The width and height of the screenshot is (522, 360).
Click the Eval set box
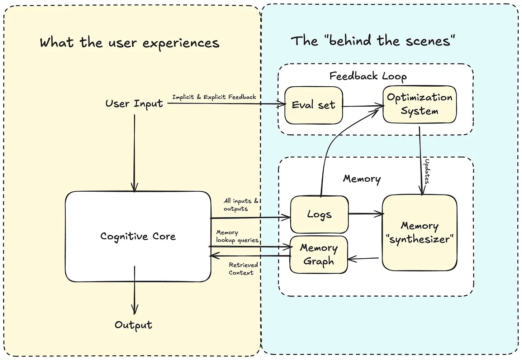[x=314, y=105]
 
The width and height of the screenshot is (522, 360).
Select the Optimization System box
[x=419, y=104]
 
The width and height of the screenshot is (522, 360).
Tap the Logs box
[x=319, y=215]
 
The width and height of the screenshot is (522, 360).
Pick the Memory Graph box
[x=318, y=255]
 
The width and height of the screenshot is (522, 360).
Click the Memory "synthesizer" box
[x=419, y=232]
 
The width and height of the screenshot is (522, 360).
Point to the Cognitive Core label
[x=138, y=236]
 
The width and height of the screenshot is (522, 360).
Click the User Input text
[x=134, y=104]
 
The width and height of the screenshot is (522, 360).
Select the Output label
[x=133, y=325]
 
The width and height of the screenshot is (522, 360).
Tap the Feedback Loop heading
[x=368, y=76]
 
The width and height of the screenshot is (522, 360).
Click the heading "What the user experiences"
[x=129, y=43]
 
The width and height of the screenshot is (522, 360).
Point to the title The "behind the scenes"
[x=373, y=40]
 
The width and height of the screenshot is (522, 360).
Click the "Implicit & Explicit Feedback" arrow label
[x=214, y=97]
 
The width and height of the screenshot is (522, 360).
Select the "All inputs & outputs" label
[x=240, y=205]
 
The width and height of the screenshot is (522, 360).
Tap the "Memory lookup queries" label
[x=237, y=236]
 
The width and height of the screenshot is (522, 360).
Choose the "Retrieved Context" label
[x=243, y=269]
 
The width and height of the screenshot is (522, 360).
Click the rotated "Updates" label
[x=427, y=171]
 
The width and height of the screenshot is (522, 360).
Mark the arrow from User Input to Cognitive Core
[x=134, y=154]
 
